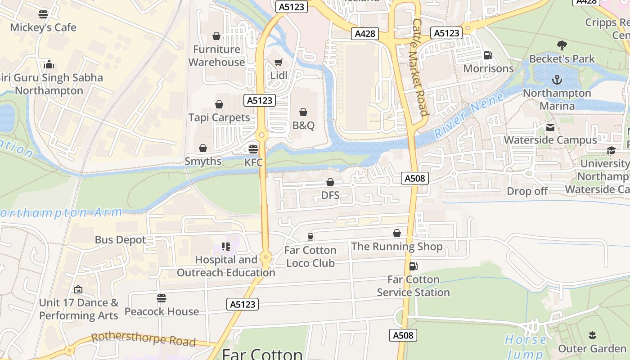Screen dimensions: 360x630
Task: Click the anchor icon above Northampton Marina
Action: [x=557, y=80]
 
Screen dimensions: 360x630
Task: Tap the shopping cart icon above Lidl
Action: [x=279, y=63]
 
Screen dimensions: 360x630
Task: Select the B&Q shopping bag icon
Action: [x=303, y=112]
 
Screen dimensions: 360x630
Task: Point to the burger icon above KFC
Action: [x=253, y=149]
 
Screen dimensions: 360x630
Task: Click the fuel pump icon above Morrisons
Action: [x=488, y=55]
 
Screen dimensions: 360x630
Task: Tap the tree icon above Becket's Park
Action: [x=562, y=45]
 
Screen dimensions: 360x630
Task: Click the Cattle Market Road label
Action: [x=419, y=67]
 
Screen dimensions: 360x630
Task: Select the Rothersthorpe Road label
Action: [x=143, y=340]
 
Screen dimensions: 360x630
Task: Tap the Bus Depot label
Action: [x=120, y=240]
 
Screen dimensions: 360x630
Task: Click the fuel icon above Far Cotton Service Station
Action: [x=413, y=266]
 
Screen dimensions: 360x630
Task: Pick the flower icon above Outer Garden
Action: [x=592, y=335]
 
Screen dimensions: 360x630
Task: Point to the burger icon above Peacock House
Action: [x=162, y=298]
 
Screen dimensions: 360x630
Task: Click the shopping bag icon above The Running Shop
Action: [x=397, y=233]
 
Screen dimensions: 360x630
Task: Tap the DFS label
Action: [x=330, y=196]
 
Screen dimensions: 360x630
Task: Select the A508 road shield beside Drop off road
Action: [x=414, y=179]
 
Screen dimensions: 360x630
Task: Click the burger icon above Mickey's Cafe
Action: [x=43, y=14]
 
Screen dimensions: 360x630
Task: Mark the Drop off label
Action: [x=527, y=191]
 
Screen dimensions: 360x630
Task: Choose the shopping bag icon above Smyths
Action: [x=203, y=148]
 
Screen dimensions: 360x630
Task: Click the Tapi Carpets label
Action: [x=219, y=117]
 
